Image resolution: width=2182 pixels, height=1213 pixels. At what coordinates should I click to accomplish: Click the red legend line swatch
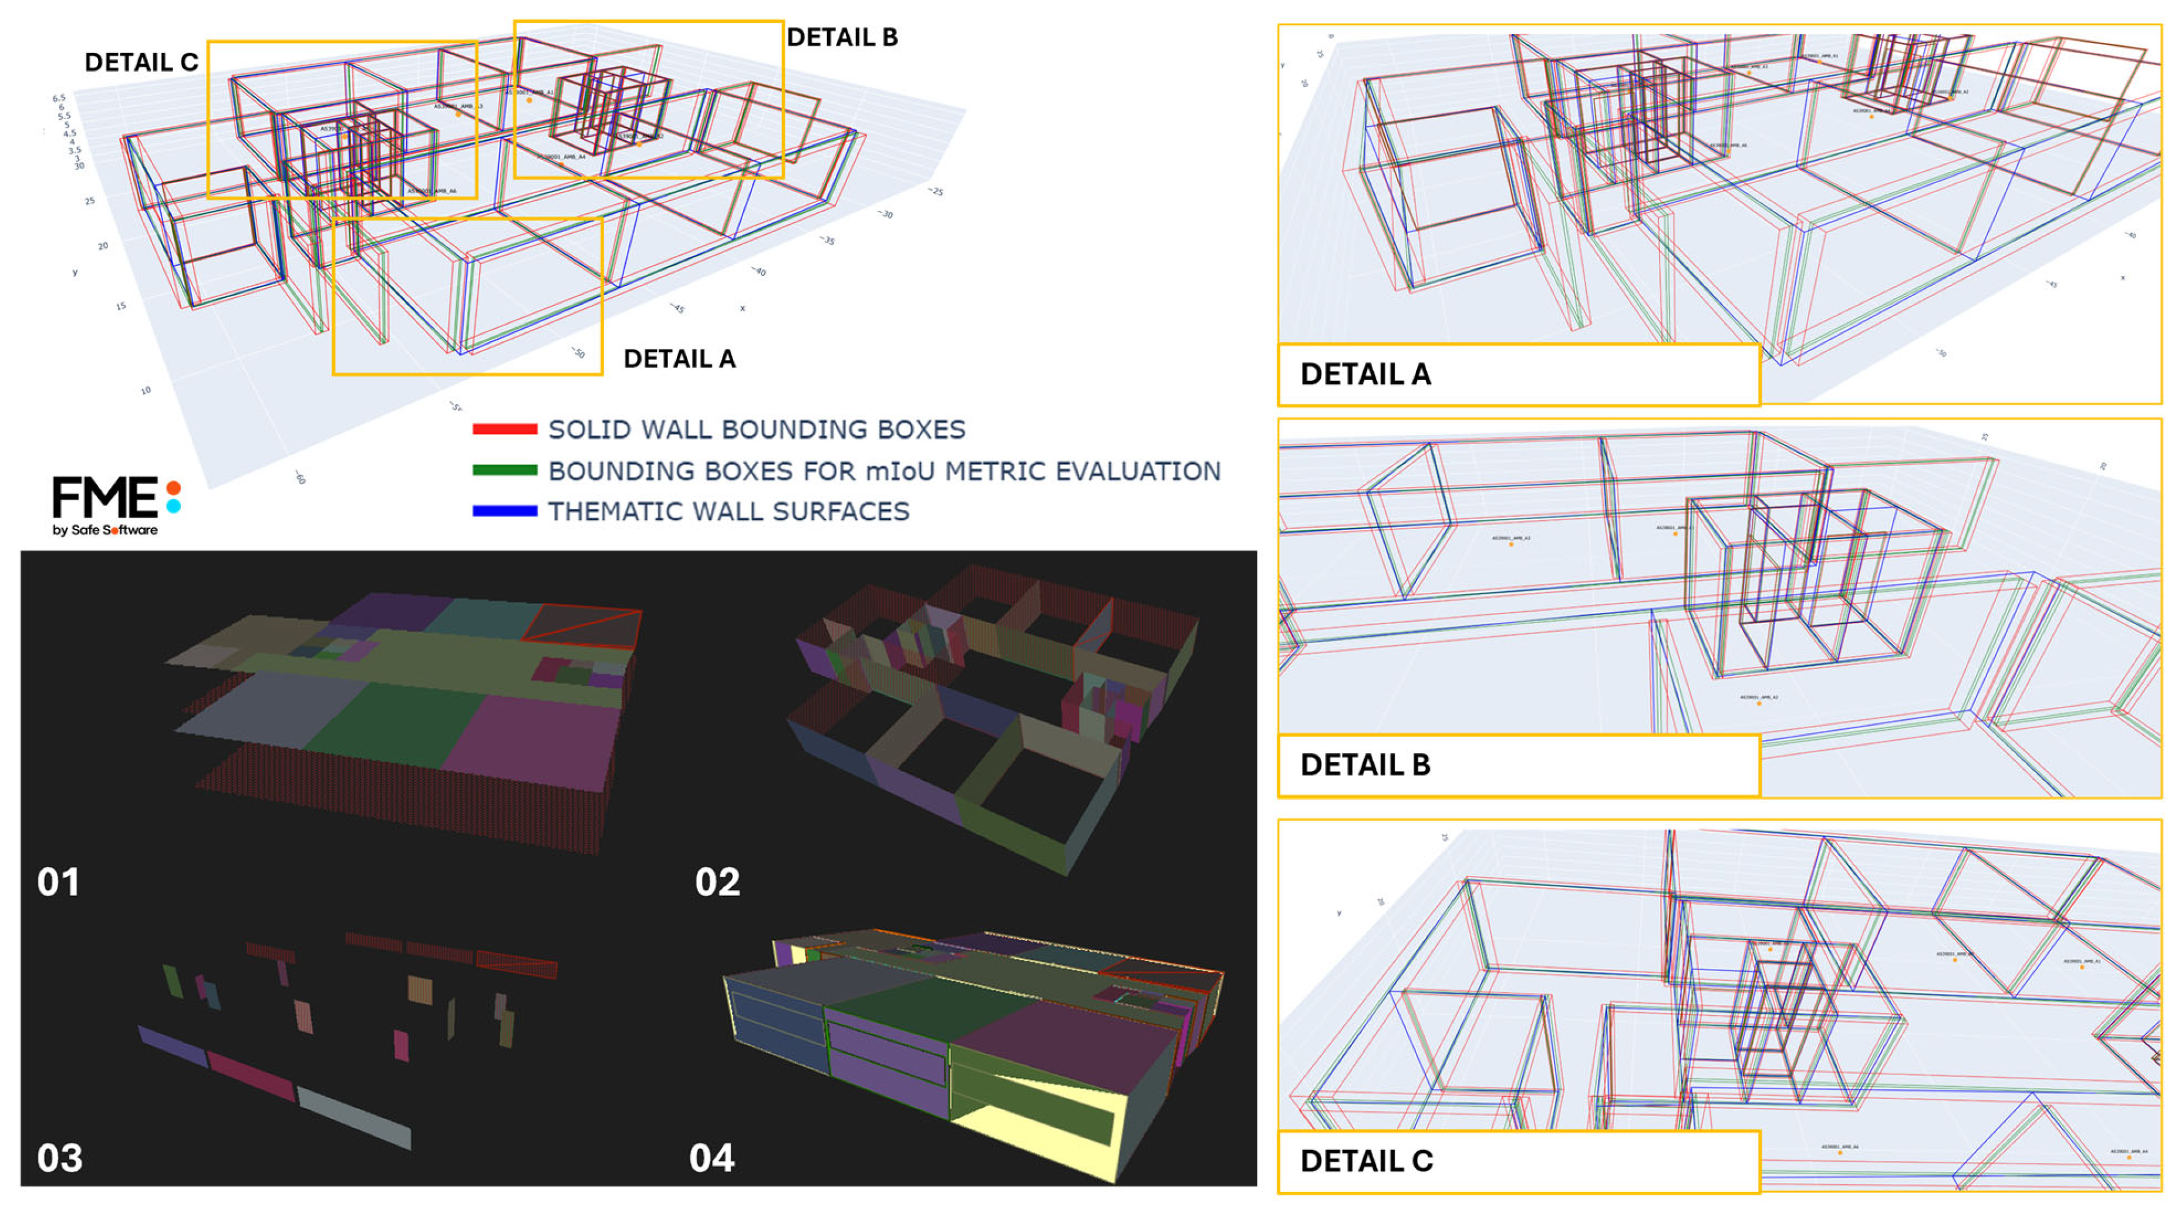[504, 429]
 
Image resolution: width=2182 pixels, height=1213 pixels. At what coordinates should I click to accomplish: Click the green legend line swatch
[504, 470]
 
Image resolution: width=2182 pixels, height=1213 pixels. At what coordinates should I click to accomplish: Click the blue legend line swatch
[504, 511]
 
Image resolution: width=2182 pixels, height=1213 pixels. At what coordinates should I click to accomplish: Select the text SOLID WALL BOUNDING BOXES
[757, 429]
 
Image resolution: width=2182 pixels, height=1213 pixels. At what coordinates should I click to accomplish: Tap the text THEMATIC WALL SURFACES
[729, 511]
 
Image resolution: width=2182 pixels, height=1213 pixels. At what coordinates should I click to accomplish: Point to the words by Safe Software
[105, 530]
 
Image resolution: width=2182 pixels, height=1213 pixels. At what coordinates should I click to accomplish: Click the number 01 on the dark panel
[59, 882]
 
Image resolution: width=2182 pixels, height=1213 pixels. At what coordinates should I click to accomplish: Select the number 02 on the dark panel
[717, 882]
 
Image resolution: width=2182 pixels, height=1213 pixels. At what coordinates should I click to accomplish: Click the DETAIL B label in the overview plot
[842, 37]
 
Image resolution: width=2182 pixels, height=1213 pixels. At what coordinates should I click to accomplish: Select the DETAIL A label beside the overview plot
[679, 359]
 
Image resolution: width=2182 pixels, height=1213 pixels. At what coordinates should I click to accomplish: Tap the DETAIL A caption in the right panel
[1365, 375]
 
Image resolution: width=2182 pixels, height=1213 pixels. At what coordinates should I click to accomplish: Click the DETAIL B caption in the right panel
[1365, 765]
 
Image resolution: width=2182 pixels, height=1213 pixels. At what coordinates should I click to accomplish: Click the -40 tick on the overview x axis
[760, 271]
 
